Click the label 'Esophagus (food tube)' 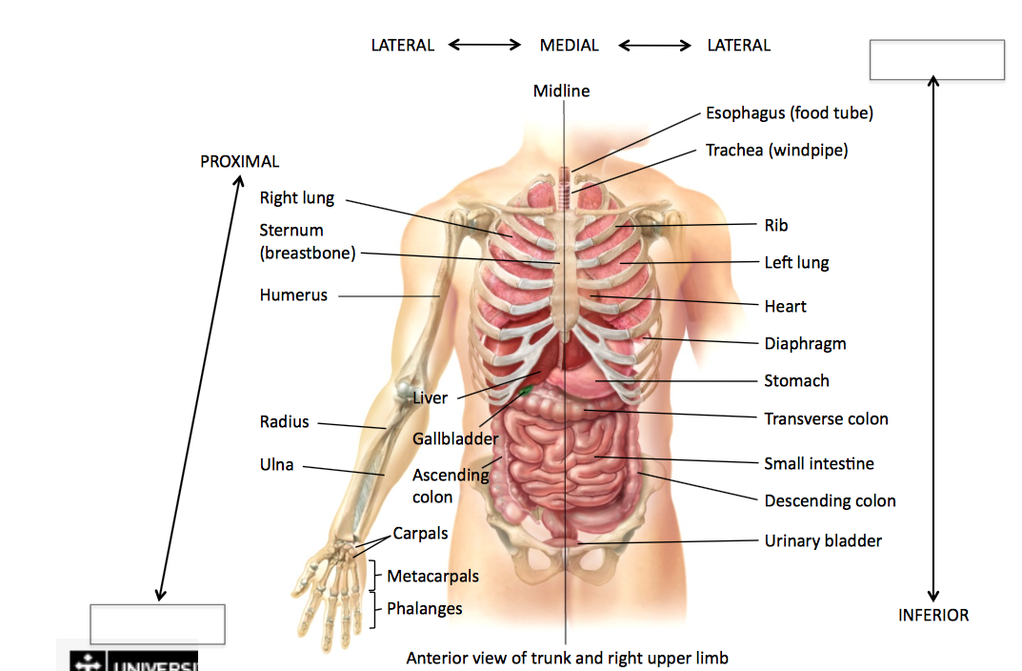[789, 113]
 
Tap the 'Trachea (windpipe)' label [776, 151]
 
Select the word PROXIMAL [240, 162]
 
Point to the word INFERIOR [933, 616]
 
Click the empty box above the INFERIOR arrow [937, 60]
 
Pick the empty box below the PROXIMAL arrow [157, 624]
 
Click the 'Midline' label [561, 91]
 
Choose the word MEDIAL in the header [570, 46]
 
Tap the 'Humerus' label [293, 295]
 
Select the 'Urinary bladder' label [823, 541]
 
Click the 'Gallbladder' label [455, 439]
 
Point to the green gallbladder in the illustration [527, 390]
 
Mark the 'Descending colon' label [830, 501]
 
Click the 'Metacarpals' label [432, 577]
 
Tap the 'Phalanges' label [424, 609]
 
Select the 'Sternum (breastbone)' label [307, 242]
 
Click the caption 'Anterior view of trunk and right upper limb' [567, 659]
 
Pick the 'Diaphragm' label [805, 344]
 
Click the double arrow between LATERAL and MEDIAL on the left [485, 45]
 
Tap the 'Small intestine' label [819, 464]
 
